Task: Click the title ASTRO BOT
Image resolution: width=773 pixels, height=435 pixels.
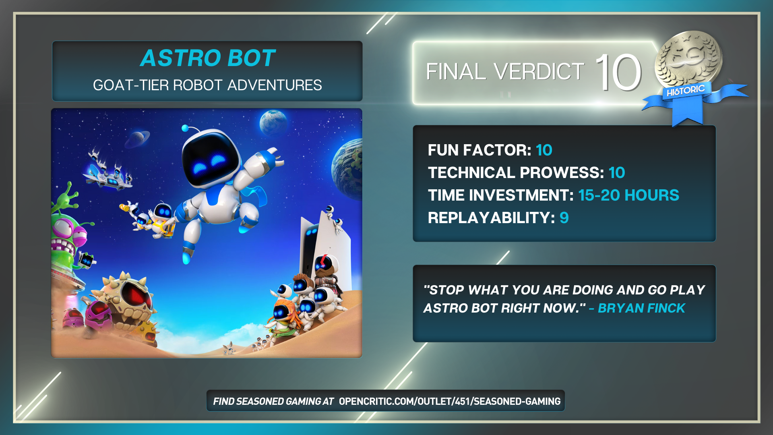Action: (x=208, y=58)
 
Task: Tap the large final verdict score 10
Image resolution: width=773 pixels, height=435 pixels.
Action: (x=618, y=72)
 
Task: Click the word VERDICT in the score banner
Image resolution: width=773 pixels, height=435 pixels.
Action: (x=539, y=72)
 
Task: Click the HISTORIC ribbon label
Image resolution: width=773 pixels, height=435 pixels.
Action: (x=686, y=91)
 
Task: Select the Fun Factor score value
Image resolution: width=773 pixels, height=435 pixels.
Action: (x=544, y=150)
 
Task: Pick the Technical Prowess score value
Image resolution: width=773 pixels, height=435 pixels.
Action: (x=617, y=173)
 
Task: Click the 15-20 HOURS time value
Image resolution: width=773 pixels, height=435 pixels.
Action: (x=628, y=195)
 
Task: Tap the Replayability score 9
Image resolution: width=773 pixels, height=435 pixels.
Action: (x=564, y=218)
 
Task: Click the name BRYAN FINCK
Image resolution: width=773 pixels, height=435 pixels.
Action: (x=641, y=308)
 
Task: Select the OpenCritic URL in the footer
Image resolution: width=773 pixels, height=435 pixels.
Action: (x=450, y=401)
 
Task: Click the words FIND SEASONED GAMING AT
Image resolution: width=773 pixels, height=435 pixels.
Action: (x=273, y=401)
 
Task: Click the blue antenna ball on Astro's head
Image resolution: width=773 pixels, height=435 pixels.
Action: (x=185, y=128)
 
